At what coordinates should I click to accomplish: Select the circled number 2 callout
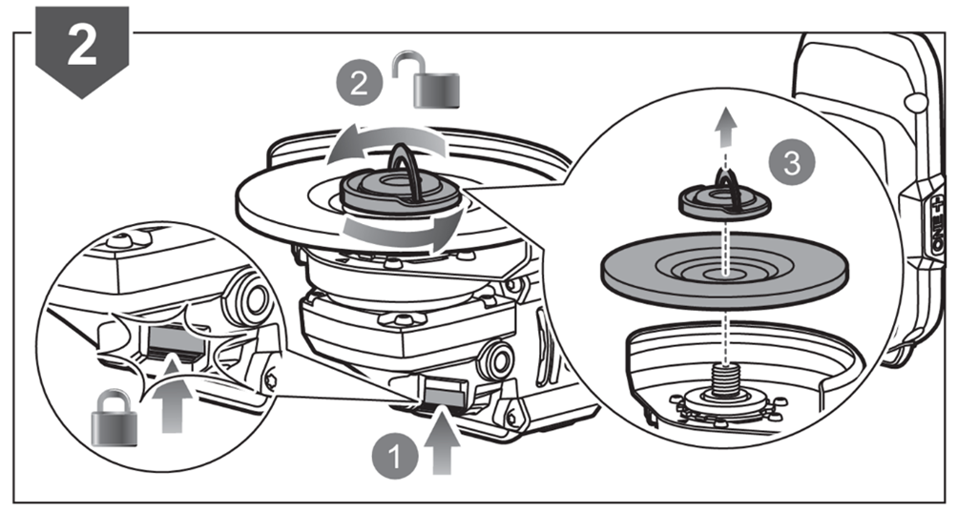360,85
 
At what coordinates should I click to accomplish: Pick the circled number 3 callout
791,163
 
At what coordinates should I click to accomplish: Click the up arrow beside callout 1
443,446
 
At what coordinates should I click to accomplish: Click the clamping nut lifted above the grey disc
725,200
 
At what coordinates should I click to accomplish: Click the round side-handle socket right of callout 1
498,360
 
